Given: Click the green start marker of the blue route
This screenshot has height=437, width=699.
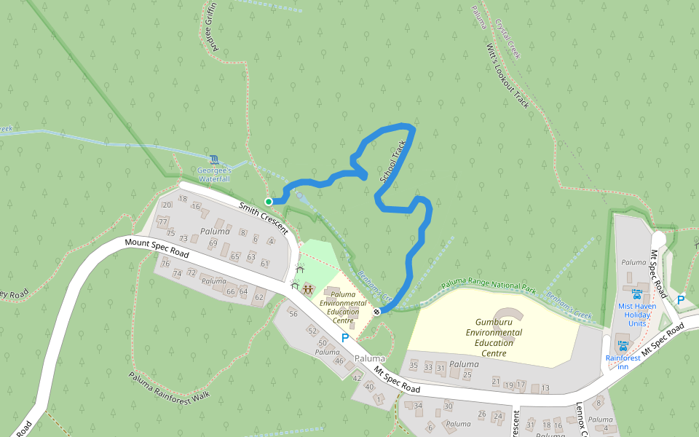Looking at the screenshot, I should [x=269, y=202].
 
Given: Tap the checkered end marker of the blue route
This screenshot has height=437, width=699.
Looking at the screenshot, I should [x=376, y=312].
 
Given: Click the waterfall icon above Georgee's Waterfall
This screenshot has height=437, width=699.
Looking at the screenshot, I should [x=213, y=160].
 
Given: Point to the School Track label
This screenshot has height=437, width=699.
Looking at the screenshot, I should [x=392, y=161].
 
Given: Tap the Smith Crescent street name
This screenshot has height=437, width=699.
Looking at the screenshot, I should [x=263, y=219].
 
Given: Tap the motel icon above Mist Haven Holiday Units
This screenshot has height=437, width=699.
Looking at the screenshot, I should [x=637, y=295].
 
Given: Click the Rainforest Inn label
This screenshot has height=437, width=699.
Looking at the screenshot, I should [x=622, y=362].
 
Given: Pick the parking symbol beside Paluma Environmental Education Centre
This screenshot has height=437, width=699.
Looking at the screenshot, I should [x=345, y=338].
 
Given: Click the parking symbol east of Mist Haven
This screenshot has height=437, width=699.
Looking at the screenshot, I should [x=681, y=299].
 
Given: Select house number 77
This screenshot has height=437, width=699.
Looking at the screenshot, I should [x=162, y=221].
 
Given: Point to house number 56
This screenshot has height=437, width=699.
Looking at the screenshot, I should [x=293, y=314].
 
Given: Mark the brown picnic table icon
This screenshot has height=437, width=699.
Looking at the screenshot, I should [x=308, y=290].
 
